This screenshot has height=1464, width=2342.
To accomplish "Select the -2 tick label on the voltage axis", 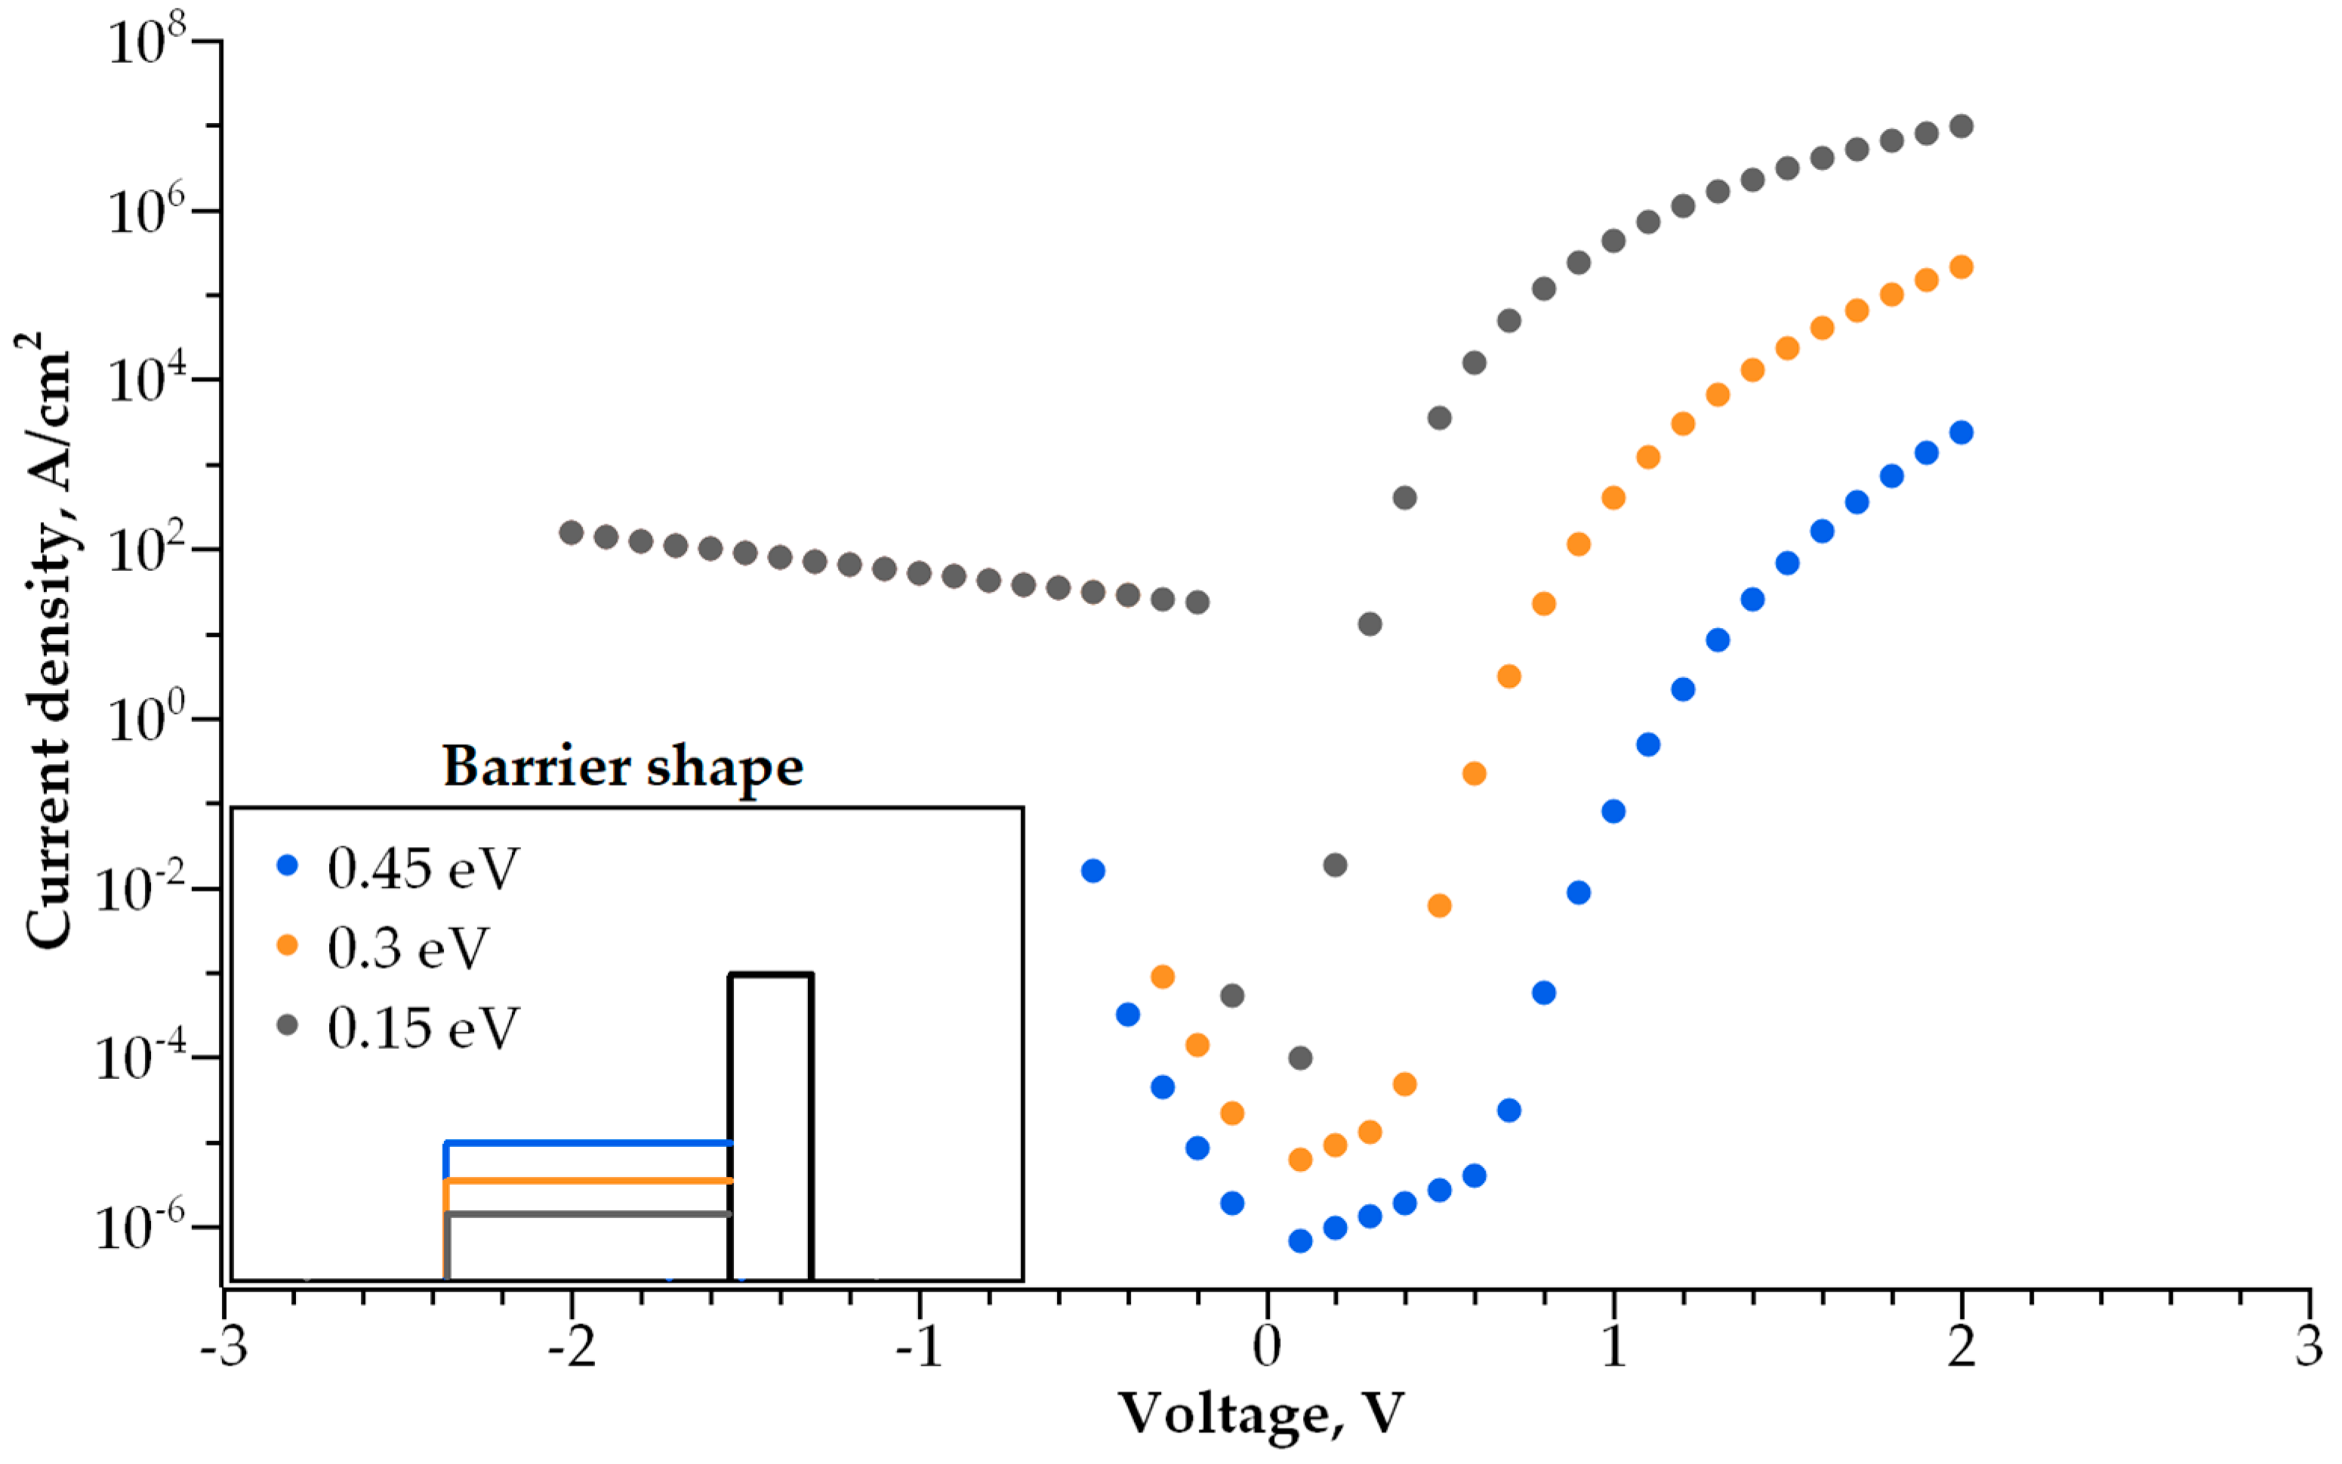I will pos(572,1347).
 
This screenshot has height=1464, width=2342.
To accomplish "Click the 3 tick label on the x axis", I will pos(2309,1347).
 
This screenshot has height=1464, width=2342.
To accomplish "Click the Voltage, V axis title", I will pos(1262,1415).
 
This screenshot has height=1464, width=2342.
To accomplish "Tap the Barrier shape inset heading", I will pos(623,767).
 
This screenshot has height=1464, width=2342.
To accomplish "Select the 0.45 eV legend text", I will pos(423,868).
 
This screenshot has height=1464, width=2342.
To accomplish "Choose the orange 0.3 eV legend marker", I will pos(288,945).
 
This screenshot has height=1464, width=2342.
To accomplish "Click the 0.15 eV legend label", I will pos(423,1028).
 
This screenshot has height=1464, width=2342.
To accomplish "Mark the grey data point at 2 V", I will pos(1961,127).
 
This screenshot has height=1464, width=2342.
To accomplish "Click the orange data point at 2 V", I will pos(1961,267).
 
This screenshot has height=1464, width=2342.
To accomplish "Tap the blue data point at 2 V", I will pos(1961,433).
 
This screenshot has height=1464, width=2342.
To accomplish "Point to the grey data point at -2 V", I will pos(572,532).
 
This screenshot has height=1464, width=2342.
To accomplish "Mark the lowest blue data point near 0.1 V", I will pos(1300,1241).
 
